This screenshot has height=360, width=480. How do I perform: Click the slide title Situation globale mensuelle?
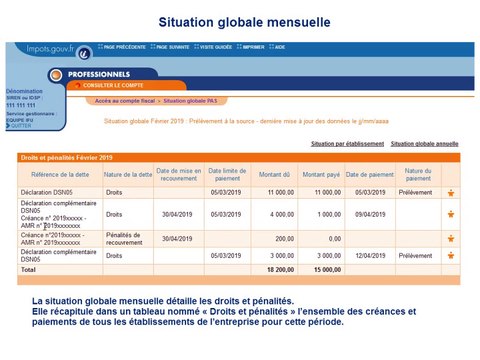[239, 21]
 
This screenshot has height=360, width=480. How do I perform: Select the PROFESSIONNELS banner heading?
[99, 74]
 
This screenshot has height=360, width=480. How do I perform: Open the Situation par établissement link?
[344, 144]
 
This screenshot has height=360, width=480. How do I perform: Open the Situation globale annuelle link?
[424, 144]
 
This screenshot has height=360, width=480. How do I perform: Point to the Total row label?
[29, 270]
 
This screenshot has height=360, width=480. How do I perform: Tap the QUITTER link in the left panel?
[21, 127]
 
